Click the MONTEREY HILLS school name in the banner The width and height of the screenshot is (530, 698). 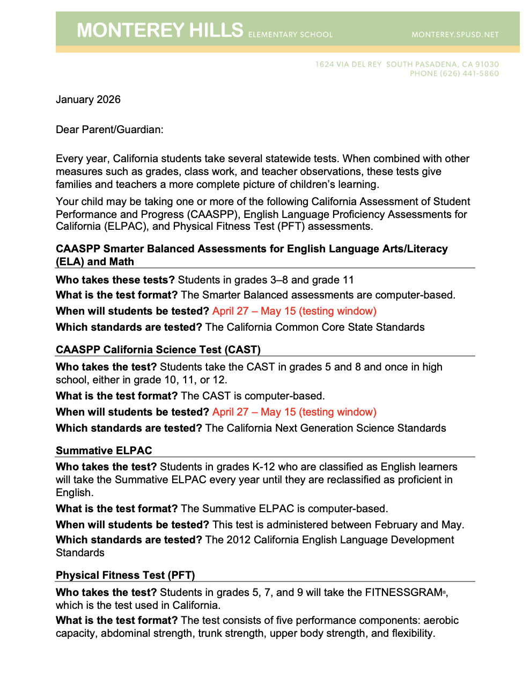pyautogui.click(x=160, y=31)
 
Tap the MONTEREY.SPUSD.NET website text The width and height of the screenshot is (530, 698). pyautogui.click(x=455, y=35)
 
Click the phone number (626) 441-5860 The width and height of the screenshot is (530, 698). pyautogui.click(x=469, y=74)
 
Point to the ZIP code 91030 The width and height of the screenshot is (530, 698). pyautogui.click(x=487, y=64)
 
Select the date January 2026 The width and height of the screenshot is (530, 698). pyautogui.click(x=88, y=99)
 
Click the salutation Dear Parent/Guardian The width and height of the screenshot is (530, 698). pyautogui.click(x=109, y=129)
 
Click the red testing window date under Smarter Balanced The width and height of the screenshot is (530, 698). pyautogui.click(x=294, y=311)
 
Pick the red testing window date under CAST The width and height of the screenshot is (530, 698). pyautogui.click(x=294, y=412)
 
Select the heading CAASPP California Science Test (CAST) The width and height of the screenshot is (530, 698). pyautogui.click(x=158, y=350)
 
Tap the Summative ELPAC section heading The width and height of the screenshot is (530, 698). pyautogui.click(x=104, y=450)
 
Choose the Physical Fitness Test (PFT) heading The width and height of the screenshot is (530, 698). pyautogui.click(x=126, y=575)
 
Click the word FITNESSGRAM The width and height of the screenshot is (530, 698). pyautogui.click(x=403, y=592)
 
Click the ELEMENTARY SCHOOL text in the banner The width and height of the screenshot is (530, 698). pyautogui.click(x=290, y=35)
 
